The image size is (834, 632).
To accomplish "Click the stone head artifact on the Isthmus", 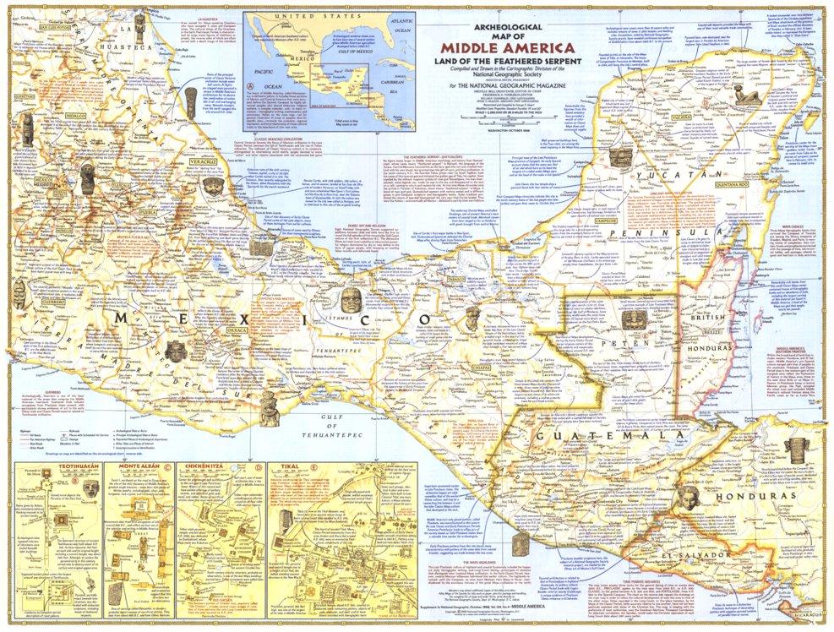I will click(x=351, y=299).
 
